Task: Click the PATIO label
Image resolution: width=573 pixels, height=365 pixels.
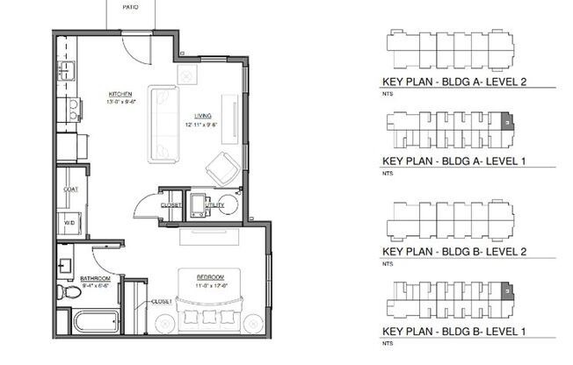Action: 131,4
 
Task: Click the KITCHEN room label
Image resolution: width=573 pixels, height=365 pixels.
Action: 120,94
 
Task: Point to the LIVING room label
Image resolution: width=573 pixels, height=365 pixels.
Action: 202,116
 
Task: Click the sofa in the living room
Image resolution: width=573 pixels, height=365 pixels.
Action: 162,123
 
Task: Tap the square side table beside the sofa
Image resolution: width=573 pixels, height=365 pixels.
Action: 187,75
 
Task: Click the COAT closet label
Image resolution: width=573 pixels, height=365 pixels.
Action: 71,189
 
